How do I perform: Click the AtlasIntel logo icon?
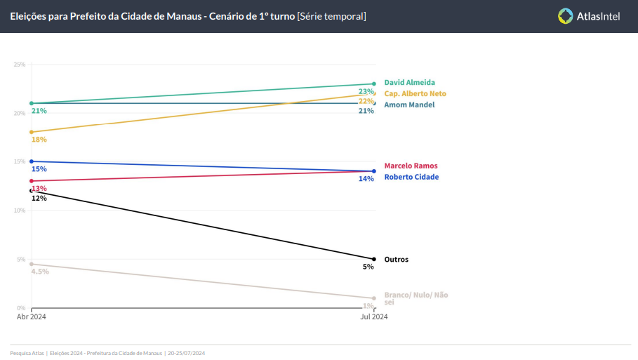click(565, 15)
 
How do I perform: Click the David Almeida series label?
click(409, 83)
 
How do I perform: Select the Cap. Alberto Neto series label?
click(415, 93)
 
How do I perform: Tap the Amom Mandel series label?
click(409, 105)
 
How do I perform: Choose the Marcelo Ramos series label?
click(411, 166)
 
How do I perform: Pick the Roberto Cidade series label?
click(411, 177)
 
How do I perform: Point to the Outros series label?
click(396, 260)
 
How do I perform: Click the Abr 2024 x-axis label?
click(31, 316)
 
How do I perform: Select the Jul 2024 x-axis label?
click(374, 316)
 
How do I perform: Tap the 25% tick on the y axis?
click(20, 65)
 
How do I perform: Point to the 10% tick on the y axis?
click(20, 211)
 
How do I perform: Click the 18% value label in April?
click(39, 140)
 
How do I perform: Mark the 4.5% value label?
click(40, 272)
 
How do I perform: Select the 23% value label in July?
click(366, 92)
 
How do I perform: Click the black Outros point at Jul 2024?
click(374, 259)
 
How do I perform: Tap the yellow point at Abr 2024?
click(31, 132)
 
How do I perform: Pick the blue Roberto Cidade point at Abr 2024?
click(31, 161)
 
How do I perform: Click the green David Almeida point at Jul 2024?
click(374, 84)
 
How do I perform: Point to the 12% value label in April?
click(39, 199)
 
